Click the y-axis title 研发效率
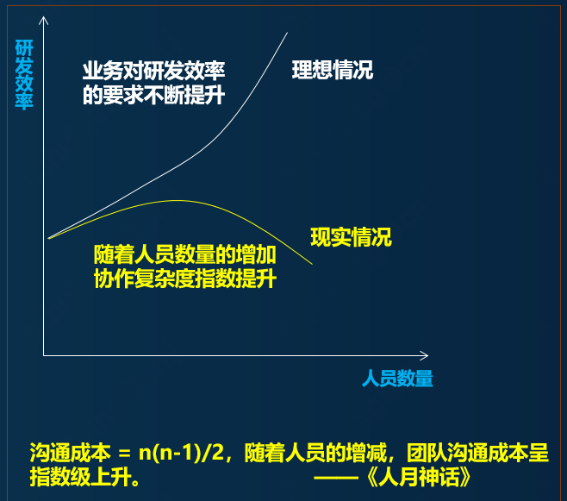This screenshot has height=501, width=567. [24, 74]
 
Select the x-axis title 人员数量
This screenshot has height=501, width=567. [397, 379]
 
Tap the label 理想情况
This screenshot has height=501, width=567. [333, 70]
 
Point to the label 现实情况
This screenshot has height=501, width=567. [351, 237]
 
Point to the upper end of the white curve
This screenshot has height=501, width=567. [288, 33]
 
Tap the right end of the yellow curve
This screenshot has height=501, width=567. [312, 264]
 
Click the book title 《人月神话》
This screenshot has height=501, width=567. [419, 477]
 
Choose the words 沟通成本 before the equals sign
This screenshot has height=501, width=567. [70, 452]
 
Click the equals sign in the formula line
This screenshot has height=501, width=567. [124, 454]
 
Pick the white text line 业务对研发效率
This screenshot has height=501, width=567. [153, 71]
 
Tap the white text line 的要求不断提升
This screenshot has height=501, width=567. [153, 95]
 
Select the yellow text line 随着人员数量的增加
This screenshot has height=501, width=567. [184, 254]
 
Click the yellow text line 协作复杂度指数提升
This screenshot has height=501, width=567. [184, 279]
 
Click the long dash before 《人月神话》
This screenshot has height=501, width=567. [336, 478]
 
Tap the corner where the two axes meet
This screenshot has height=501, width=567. [43, 355]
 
